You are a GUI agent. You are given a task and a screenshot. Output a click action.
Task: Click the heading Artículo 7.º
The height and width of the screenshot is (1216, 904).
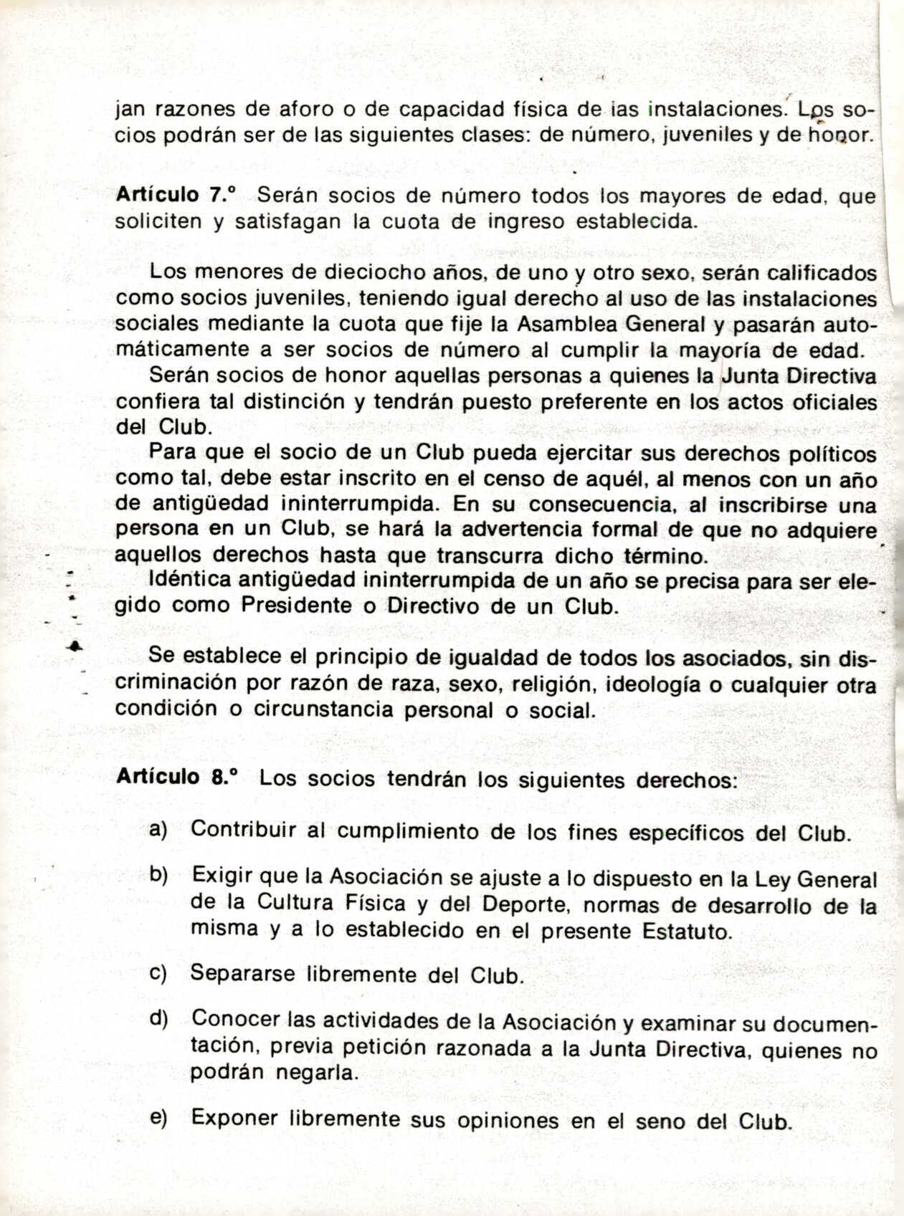pyautogui.click(x=176, y=196)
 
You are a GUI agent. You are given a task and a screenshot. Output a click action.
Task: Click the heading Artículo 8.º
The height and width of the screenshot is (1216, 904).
pyautogui.click(x=176, y=777)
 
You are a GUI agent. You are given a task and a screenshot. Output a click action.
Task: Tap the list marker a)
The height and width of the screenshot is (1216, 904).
pyautogui.click(x=158, y=830)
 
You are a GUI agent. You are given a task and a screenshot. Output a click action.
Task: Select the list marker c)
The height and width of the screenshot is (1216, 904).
pyautogui.click(x=158, y=974)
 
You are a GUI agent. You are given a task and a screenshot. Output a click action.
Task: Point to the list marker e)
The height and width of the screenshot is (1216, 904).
pyautogui.click(x=158, y=1118)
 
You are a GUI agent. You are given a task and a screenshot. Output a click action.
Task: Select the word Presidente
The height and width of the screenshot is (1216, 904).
pyautogui.click(x=297, y=605)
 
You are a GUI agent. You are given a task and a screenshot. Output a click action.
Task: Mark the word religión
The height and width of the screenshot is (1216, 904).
pyautogui.click(x=552, y=684)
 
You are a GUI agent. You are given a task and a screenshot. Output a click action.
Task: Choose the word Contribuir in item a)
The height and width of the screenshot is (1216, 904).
pyautogui.click(x=244, y=830)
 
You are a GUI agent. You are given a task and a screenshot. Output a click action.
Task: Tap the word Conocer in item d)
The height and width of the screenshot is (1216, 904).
pyautogui.click(x=236, y=1019)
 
